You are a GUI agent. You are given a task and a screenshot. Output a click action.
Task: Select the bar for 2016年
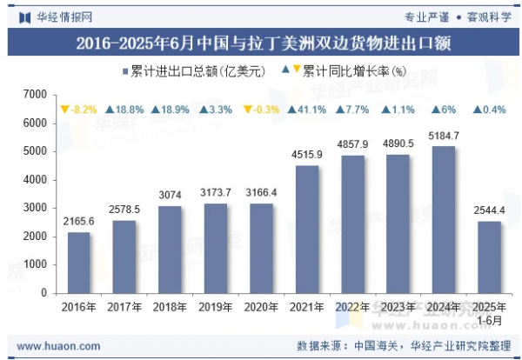coord(78,263)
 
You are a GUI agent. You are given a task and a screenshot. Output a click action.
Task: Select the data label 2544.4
coord(489,211)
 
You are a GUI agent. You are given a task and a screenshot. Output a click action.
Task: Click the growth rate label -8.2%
coord(78,110)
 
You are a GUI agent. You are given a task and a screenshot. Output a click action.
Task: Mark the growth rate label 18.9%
coord(171,110)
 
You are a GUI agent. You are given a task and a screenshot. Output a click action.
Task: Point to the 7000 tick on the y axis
coord(35,94)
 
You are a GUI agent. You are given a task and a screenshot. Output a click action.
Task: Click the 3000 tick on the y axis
coord(35,208)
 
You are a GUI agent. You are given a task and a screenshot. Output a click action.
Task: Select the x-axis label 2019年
coord(217,307)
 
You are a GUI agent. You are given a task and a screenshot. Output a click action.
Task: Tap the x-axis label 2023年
coord(398,307)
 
